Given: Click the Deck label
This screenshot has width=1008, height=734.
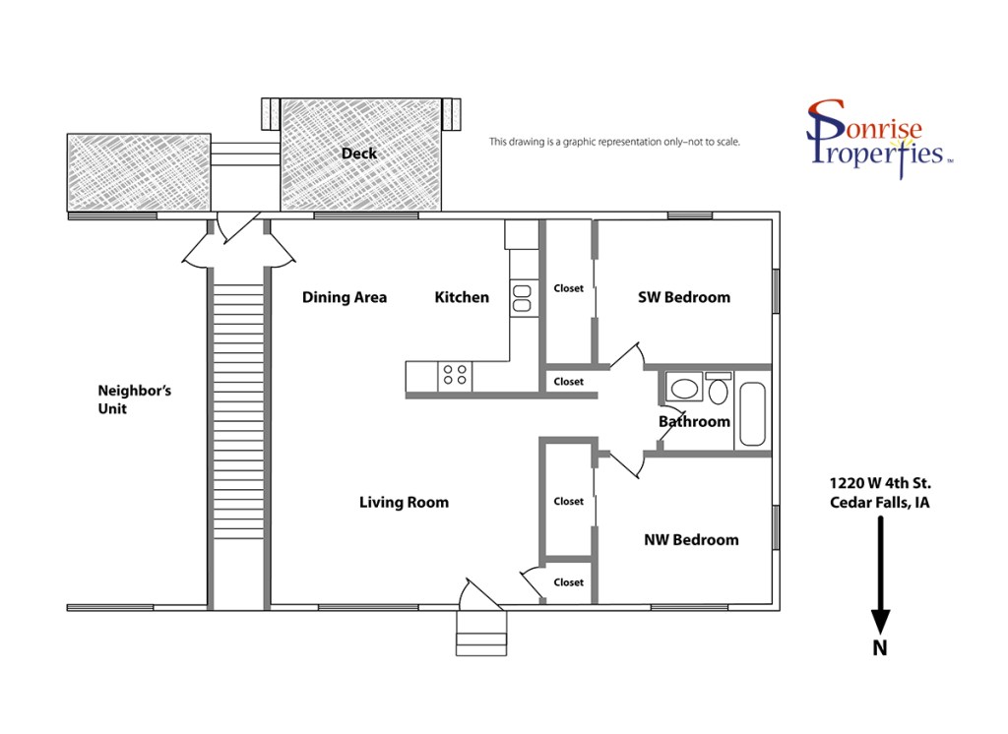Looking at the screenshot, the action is pyautogui.click(x=358, y=153).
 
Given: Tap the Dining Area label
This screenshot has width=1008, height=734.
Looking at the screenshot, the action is pyautogui.click(x=345, y=297).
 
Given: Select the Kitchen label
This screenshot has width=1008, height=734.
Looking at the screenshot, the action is pyautogui.click(x=462, y=297).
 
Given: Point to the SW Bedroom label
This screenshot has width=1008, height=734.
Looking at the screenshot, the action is pyautogui.click(x=684, y=297).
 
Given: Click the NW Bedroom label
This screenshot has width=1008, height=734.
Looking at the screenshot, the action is pyautogui.click(x=691, y=540).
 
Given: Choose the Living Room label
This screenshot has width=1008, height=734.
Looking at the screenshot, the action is pyautogui.click(x=404, y=503).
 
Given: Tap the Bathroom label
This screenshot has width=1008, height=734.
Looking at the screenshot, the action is pyautogui.click(x=694, y=422).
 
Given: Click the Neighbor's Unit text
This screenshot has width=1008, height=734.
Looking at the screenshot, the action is pyautogui.click(x=134, y=399).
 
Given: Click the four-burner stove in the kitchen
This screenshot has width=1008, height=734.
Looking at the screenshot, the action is pyautogui.click(x=455, y=376).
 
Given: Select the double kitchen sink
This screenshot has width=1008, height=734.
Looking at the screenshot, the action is pyautogui.click(x=522, y=298).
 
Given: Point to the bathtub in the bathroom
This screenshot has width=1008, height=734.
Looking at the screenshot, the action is pyautogui.click(x=752, y=414).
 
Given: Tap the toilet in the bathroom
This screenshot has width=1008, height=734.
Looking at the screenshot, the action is pyautogui.click(x=718, y=388).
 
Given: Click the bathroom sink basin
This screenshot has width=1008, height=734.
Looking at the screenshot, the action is pyautogui.click(x=684, y=389).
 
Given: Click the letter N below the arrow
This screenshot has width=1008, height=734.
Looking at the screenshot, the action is pyautogui.click(x=880, y=647).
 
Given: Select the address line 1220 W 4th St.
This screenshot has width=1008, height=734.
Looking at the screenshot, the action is pyautogui.click(x=880, y=483).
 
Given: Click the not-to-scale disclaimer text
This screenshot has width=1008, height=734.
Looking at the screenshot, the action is pyautogui.click(x=614, y=142).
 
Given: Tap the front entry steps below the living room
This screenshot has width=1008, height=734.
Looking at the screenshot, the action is pyautogui.click(x=481, y=633).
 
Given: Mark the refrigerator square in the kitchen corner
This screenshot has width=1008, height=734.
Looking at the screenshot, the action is pyautogui.click(x=522, y=234).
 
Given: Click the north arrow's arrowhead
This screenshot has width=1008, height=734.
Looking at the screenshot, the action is pyautogui.click(x=880, y=621).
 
